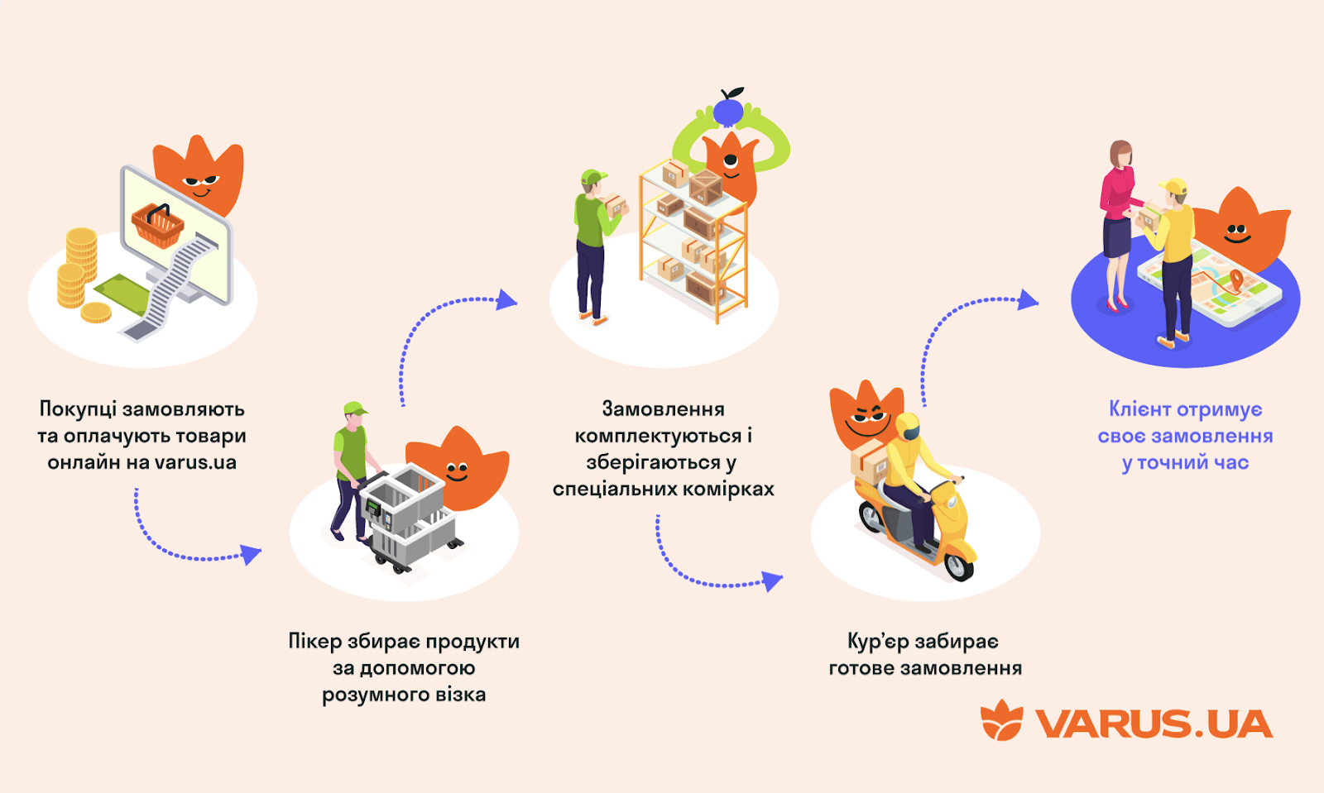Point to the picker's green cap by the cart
point(355,408)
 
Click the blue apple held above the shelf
point(729,107)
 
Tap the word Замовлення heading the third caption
point(663,409)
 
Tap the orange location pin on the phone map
point(1235,280)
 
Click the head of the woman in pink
point(1120,154)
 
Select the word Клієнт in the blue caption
point(1139,409)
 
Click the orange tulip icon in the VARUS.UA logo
point(1001,720)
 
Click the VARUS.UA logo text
point(1154,724)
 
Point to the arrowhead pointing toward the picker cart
point(251,553)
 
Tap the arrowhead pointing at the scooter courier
point(772,581)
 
